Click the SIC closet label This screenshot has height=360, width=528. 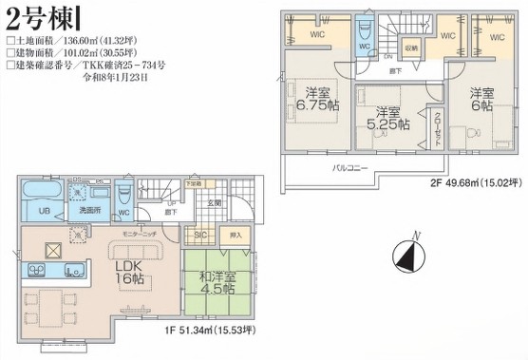click(x=200, y=234)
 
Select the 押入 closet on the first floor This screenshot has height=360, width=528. click(x=236, y=234)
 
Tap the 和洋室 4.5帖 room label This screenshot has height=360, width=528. click(x=218, y=284)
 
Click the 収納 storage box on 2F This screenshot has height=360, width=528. click(x=411, y=47)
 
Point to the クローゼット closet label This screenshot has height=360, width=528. click(x=437, y=127)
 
